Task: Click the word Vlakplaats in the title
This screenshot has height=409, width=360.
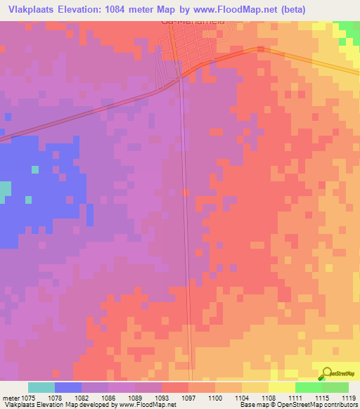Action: [x=32, y=10]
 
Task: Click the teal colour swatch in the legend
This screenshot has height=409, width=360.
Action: [x=41, y=387]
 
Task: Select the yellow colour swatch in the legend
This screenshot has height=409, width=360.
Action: [x=282, y=387]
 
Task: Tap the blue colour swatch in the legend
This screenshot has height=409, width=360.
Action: [x=68, y=387]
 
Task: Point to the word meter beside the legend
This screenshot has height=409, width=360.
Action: [x=10, y=397]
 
